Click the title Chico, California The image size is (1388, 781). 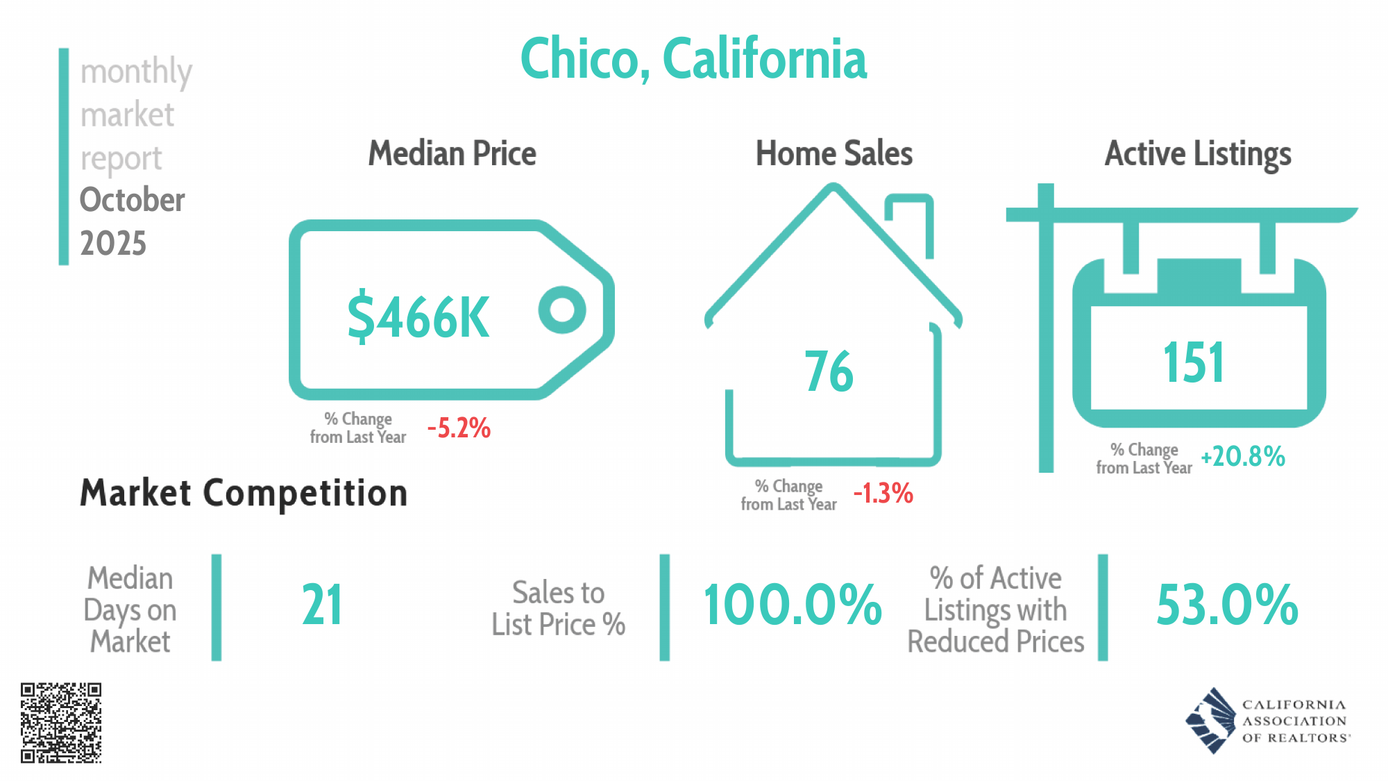[x=693, y=59]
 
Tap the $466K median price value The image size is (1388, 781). [x=418, y=317]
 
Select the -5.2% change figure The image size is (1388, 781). [x=459, y=428]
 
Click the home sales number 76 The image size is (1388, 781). [x=829, y=371]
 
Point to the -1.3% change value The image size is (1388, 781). [x=883, y=494]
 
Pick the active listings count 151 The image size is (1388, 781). [x=1194, y=362]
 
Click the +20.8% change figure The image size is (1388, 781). [x=1243, y=456]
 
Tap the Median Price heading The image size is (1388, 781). [x=452, y=153]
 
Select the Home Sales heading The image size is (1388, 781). [x=834, y=153]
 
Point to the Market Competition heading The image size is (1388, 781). [x=244, y=494]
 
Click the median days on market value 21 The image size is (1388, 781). [x=322, y=605]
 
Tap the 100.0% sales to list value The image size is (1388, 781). [x=793, y=605]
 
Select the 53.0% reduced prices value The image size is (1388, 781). [x=1227, y=605]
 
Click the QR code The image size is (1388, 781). [x=61, y=723]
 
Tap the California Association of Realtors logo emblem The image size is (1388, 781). [x=1211, y=721]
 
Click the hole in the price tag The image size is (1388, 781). [x=562, y=310]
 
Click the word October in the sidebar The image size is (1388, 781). [x=133, y=200]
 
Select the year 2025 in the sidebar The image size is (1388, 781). [x=113, y=244]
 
